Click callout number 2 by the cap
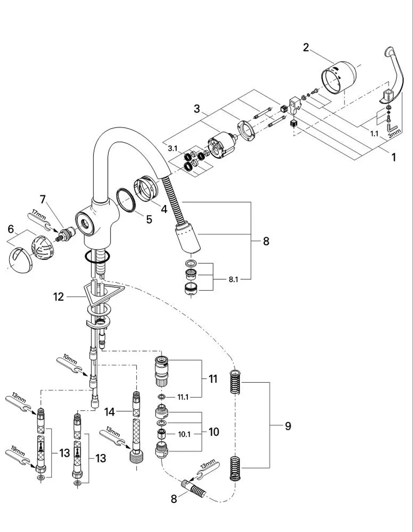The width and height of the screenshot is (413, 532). coord(306,48)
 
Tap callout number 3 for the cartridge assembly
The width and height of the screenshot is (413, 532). coord(197,109)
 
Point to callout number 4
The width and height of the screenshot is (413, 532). coord(164,209)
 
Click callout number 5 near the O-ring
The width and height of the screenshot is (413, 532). coord(149,219)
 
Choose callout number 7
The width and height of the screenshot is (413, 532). coord(43,199)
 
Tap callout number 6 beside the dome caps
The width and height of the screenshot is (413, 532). coord(11,229)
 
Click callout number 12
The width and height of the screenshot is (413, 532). coord(59,297)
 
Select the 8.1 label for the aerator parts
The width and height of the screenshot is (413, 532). coord(233,279)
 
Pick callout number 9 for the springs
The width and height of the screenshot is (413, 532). coord(288,426)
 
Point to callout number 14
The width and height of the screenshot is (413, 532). coord(109,412)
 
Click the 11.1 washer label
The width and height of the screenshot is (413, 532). coord(183,397)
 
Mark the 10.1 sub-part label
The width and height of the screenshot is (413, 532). coord(184,434)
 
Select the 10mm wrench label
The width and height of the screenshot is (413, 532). coord(70,359)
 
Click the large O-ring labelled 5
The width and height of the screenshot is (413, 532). coord(126,200)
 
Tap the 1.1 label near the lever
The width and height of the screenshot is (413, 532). coord(374,134)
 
